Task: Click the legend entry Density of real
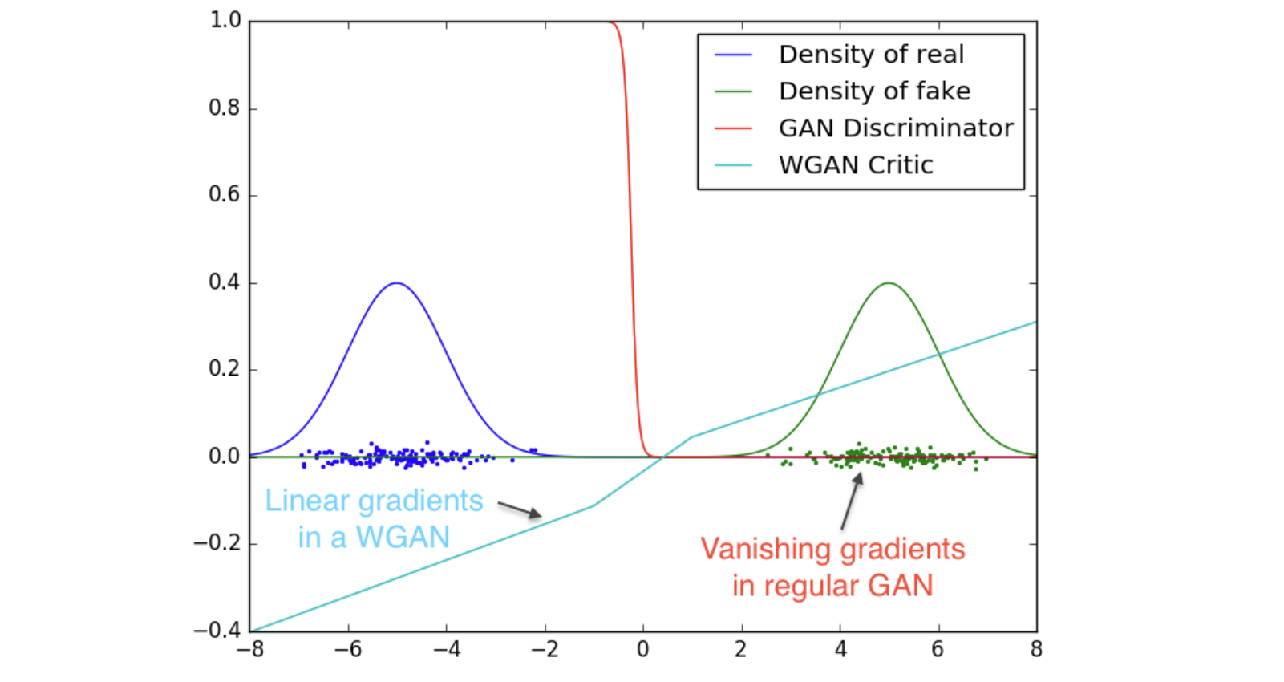(x=871, y=55)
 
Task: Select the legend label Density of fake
(x=874, y=91)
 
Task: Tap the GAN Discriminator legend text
(x=896, y=128)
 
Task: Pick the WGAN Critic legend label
(x=856, y=165)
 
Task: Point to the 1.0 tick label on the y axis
(x=225, y=20)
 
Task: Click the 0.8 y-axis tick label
(x=225, y=108)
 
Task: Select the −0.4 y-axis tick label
(x=218, y=630)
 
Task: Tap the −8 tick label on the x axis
(x=250, y=650)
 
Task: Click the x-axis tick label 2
(x=740, y=650)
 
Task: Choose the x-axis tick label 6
(x=938, y=650)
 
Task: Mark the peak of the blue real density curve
(x=397, y=283)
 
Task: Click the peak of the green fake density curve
(x=889, y=283)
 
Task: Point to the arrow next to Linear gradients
(x=520, y=509)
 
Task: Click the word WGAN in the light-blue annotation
(x=403, y=538)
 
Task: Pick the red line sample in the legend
(x=733, y=128)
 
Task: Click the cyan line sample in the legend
(x=733, y=165)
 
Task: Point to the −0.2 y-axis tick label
(x=218, y=543)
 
